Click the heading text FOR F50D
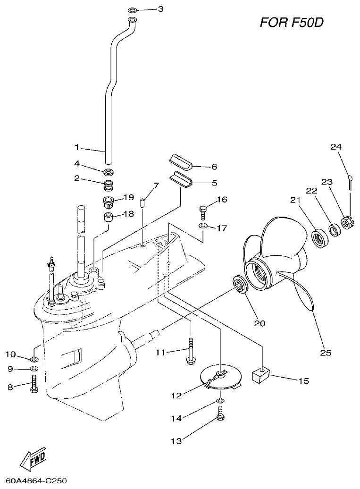[x=292, y=22]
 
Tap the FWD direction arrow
[x=33, y=458]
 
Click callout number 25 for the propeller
[x=326, y=352]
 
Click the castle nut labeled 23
[x=347, y=222]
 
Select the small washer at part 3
[x=133, y=9]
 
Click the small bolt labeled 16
[x=204, y=211]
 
